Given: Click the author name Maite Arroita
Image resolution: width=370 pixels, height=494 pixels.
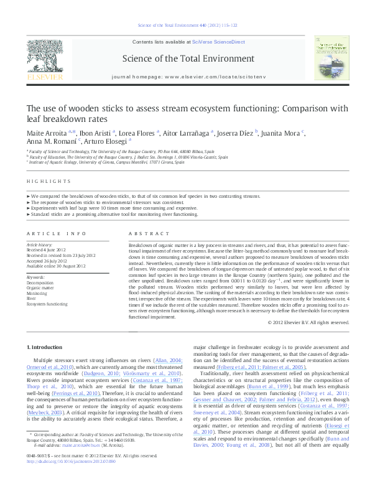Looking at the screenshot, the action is [46, 133].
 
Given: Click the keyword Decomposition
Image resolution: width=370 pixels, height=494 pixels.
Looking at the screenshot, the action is [40, 282].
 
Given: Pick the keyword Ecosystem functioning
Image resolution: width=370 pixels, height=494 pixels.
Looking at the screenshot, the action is [47, 304].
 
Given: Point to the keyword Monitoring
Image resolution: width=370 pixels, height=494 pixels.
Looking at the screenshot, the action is [37, 293].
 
